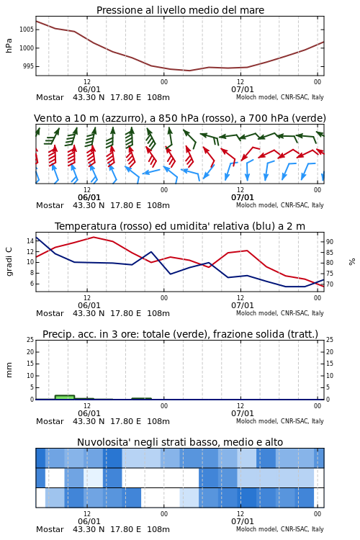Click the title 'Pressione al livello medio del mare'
pyautogui.click(x=180, y=10)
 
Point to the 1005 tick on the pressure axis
pyautogui.click(x=27, y=30)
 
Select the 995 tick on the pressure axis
pyautogui.click(x=28, y=66)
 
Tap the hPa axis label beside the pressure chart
pyautogui.click(x=9, y=45)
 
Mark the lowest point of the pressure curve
pyautogui.click(x=189, y=71)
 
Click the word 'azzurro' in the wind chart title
pyautogui.click(x=127, y=118)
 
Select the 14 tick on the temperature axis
pyautogui.click(x=30, y=241)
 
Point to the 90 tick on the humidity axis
pyautogui.click(x=330, y=242)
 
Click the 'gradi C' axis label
pyautogui.click(x=9, y=262)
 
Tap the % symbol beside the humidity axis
pyautogui.click(x=352, y=262)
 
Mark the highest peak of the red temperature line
pyautogui.click(x=94, y=237)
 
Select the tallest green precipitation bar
pyautogui.click(x=65, y=397)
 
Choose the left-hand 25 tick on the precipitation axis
pyautogui.click(x=30, y=340)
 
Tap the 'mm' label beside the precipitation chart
pyautogui.click(x=9, y=370)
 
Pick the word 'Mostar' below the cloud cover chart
pyautogui.click(x=50, y=529)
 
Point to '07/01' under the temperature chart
pyautogui.click(x=243, y=305)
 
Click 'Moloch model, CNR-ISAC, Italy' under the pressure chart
pyautogui.click(x=280, y=97)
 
